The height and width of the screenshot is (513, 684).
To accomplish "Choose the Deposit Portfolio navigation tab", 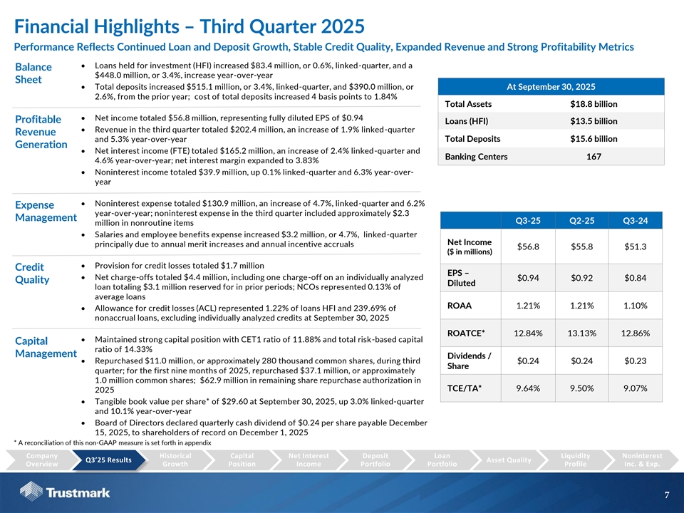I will pyautogui.click(x=375, y=460).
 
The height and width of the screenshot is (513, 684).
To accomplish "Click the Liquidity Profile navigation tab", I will pyautogui.click(x=575, y=460).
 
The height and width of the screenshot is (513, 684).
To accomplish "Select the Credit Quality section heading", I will pyautogui.click(x=33, y=272).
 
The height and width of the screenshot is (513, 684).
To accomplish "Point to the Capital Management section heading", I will pyautogui.click(x=46, y=347).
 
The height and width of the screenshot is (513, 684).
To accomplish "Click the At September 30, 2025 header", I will pyautogui.click(x=551, y=86).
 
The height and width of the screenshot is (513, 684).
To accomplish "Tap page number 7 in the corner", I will pyautogui.click(x=665, y=494).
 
